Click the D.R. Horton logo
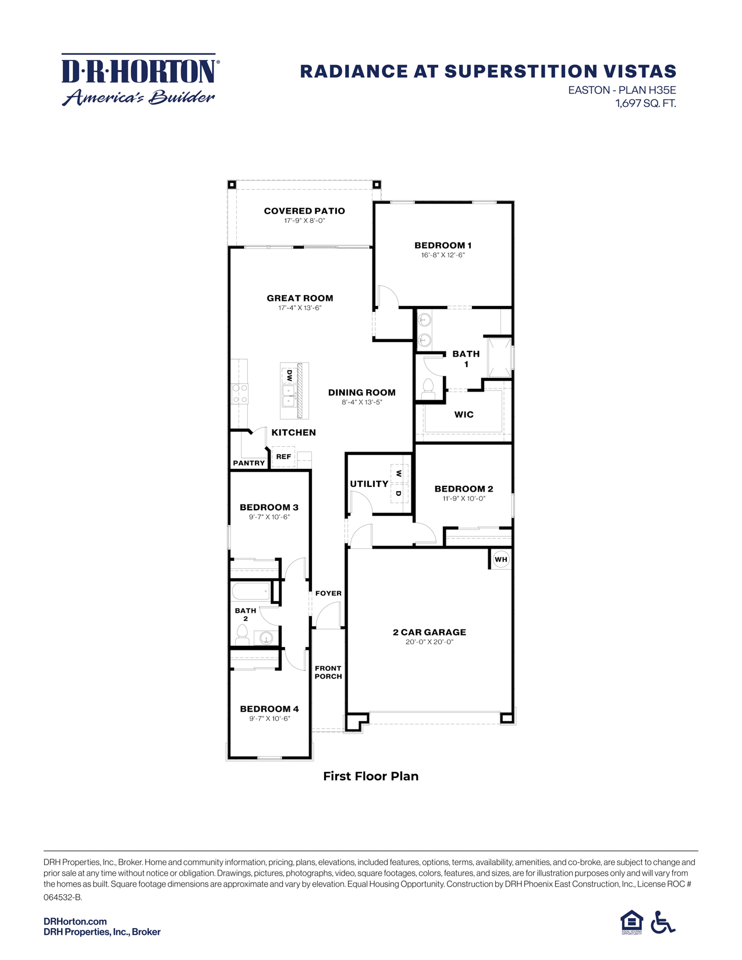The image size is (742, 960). (x=140, y=80)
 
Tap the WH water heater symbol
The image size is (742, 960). (x=500, y=559)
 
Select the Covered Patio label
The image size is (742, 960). (x=304, y=211)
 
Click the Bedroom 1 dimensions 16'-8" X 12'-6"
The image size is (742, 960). (x=443, y=255)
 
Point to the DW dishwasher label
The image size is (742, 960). (x=289, y=375)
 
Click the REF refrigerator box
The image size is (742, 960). (x=283, y=457)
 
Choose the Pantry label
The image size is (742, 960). (x=248, y=463)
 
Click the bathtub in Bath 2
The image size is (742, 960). (x=251, y=592)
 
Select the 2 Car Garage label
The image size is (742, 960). (x=429, y=632)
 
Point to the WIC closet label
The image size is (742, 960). (x=464, y=415)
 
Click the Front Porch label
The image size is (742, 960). (x=328, y=673)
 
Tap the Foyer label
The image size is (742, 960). (x=328, y=593)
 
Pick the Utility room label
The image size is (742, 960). (x=369, y=484)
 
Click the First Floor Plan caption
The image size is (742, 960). (x=371, y=776)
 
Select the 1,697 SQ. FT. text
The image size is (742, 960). (x=645, y=104)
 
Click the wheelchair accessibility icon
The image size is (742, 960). (x=662, y=922)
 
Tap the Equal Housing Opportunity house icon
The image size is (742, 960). (x=631, y=922)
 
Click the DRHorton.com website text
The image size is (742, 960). (x=75, y=922)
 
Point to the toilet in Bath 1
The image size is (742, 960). (x=428, y=389)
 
